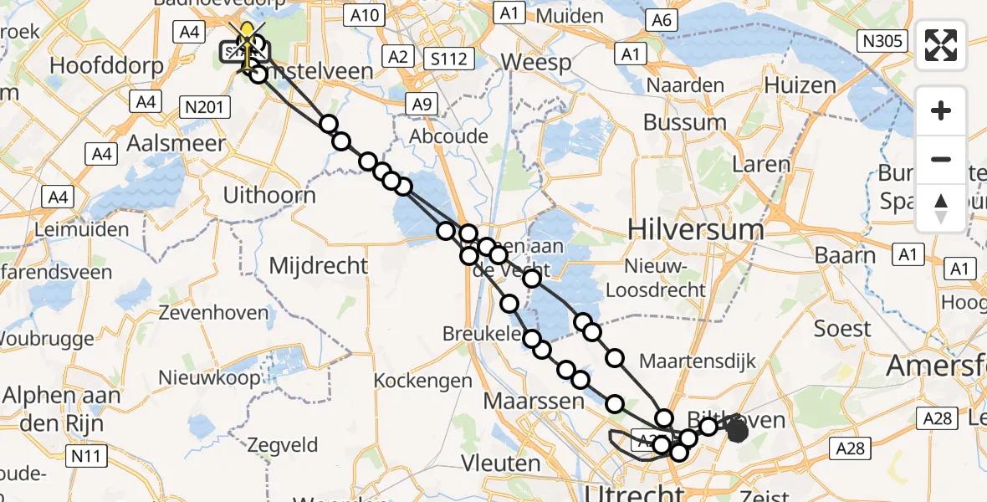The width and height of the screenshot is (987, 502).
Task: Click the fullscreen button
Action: (941, 45)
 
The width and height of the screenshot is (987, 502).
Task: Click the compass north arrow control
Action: (941, 208)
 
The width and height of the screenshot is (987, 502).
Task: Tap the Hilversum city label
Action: (683, 228)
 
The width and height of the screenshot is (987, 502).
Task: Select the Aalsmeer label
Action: (163, 143)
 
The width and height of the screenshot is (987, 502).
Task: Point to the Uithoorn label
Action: (269, 195)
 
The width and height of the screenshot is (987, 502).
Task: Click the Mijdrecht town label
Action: (319, 266)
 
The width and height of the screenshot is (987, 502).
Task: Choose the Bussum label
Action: (684, 122)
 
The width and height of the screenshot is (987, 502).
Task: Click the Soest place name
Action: (842, 328)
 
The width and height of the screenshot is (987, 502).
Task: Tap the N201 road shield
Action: (204, 105)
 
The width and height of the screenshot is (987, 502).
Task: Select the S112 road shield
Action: (448, 59)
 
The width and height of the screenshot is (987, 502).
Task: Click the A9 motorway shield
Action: (421, 104)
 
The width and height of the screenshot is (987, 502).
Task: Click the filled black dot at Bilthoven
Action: (737, 431)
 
